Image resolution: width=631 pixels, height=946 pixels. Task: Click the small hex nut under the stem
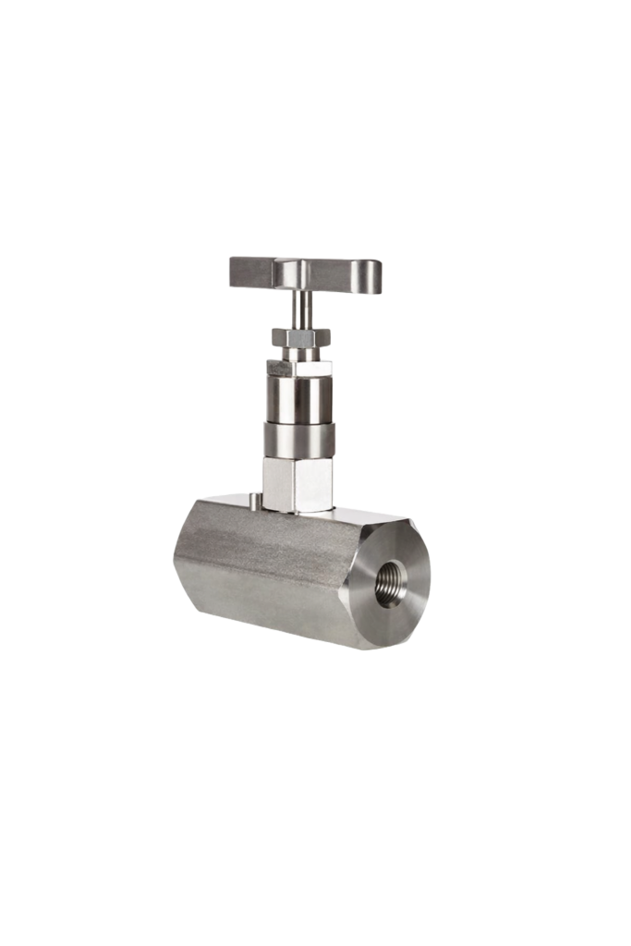coord(301,337)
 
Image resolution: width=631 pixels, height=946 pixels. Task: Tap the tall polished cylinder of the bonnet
coord(301,395)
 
